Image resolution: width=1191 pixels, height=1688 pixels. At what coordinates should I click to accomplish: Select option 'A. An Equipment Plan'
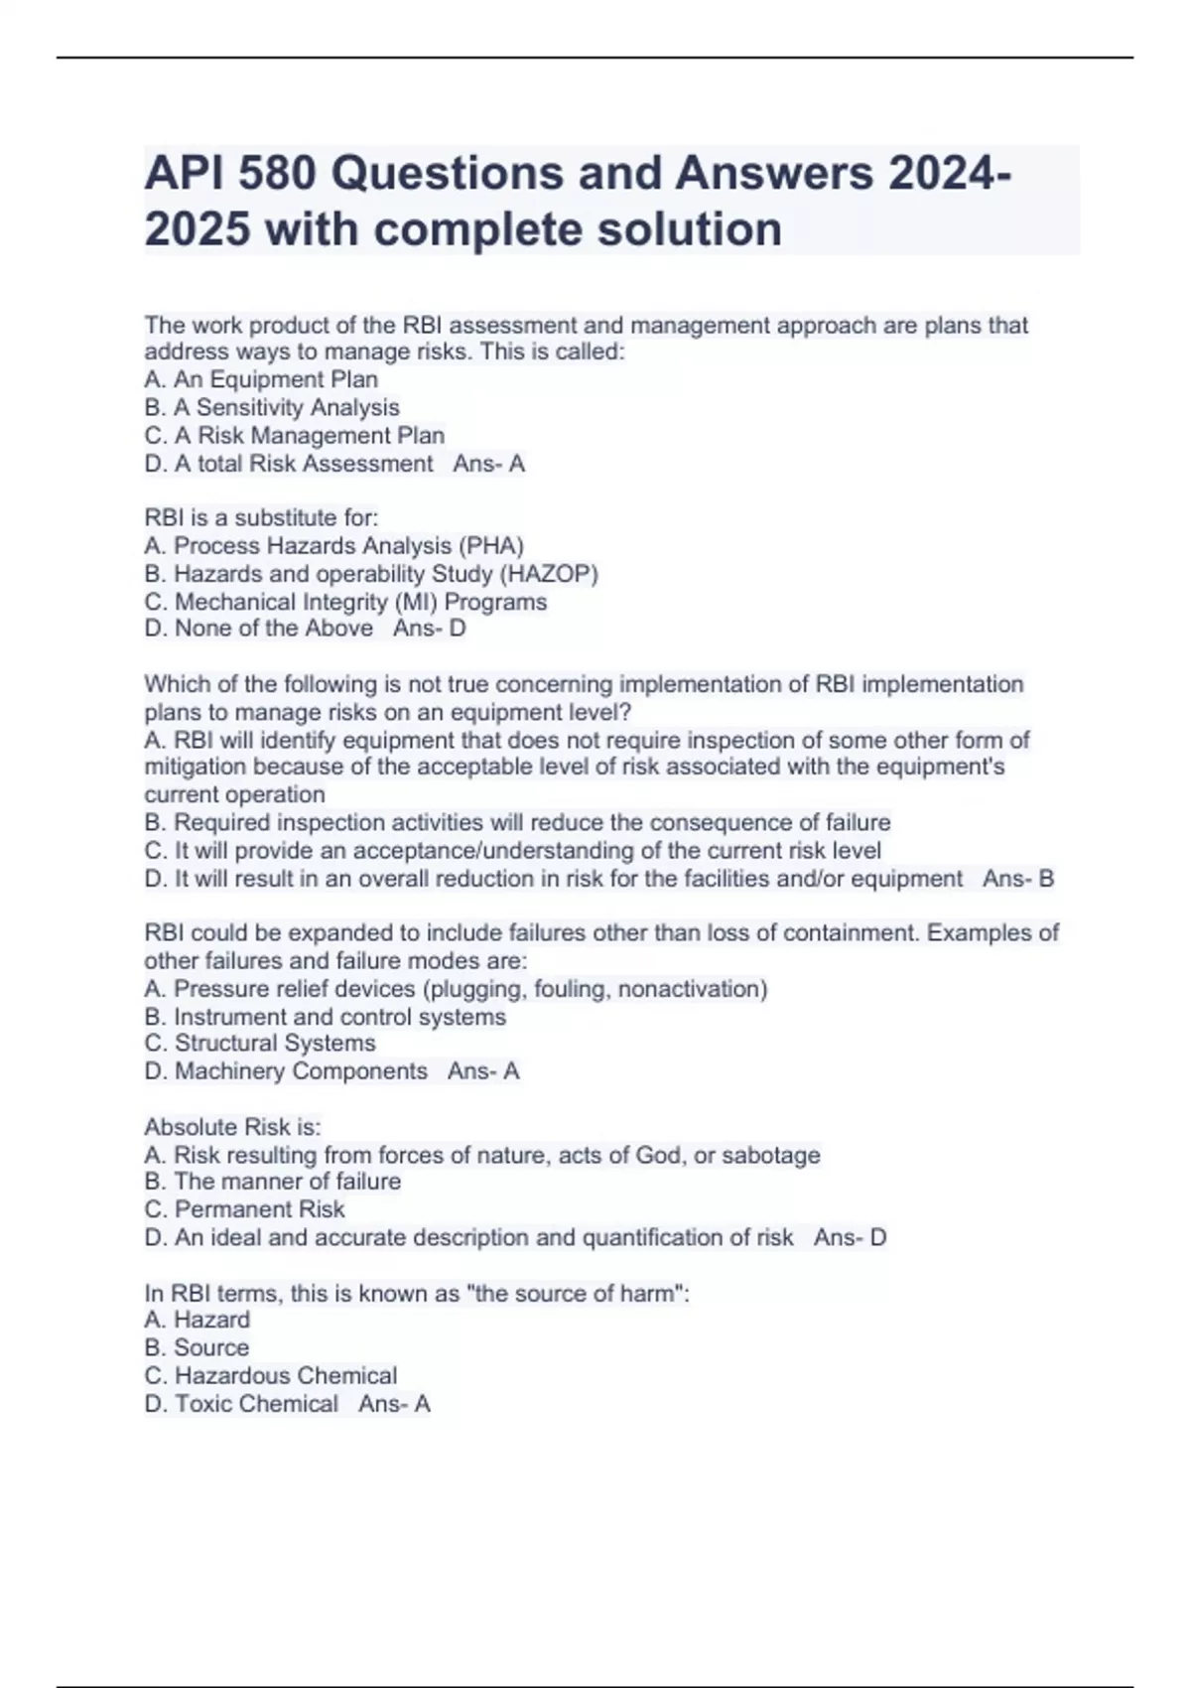point(261,379)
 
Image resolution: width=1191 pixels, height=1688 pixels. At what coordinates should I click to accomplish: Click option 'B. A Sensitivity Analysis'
point(272,407)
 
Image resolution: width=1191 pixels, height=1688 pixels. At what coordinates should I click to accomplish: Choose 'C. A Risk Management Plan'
point(295,435)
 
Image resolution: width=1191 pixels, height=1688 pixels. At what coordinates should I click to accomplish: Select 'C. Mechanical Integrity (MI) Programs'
point(345,602)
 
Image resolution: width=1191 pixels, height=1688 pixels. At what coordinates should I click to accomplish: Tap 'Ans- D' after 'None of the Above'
point(429,629)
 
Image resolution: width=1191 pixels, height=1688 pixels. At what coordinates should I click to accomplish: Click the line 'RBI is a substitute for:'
point(261,517)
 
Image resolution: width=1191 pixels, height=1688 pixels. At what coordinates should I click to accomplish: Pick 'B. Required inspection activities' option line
point(517,822)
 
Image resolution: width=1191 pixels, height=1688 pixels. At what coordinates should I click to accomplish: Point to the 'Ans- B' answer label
point(1018,879)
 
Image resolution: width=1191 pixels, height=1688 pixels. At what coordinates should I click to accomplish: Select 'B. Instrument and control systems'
point(325,1017)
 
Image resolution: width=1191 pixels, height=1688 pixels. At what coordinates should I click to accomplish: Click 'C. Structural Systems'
point(260,1044)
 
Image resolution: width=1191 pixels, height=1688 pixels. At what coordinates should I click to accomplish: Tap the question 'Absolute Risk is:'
point(232,1127)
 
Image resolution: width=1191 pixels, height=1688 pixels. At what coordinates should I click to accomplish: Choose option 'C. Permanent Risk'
point(244,1209)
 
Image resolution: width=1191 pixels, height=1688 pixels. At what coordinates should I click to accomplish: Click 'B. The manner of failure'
point(272,1182)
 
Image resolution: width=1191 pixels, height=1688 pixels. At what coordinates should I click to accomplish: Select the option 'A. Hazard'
point(197,1320)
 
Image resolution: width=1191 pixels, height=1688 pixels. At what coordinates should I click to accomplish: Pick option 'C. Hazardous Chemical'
point(270,1375)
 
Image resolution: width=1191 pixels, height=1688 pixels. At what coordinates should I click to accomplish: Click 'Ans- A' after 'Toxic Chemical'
point(394,1404)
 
